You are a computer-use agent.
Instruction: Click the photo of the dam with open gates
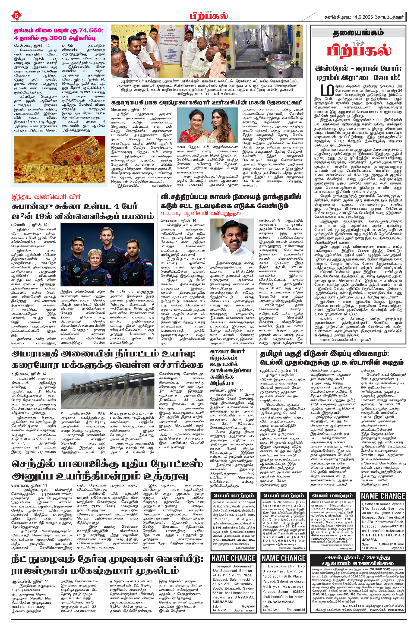[x=108, y=391]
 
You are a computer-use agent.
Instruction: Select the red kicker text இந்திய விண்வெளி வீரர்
[x=46, y=197]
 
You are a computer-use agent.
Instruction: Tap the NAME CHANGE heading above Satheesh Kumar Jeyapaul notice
[x=383, y=496]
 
